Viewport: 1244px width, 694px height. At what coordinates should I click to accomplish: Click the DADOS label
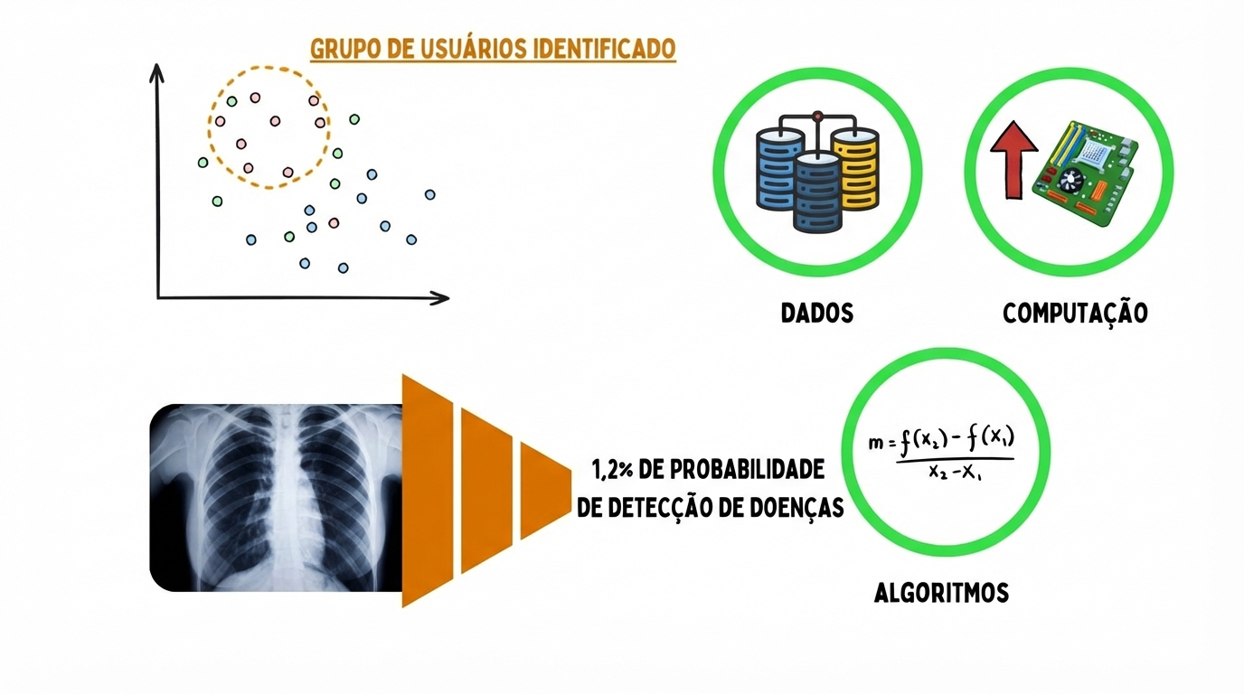point(817,314)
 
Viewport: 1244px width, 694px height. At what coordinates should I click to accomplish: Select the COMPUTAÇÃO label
point(1075,314)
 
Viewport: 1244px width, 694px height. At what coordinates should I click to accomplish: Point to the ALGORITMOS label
point(941,594)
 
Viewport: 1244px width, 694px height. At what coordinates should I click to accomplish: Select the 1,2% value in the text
point(611,471)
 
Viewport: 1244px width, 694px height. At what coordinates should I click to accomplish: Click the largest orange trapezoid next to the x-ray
point(427,490)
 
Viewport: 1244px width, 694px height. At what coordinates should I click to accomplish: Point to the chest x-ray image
point(276,497)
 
